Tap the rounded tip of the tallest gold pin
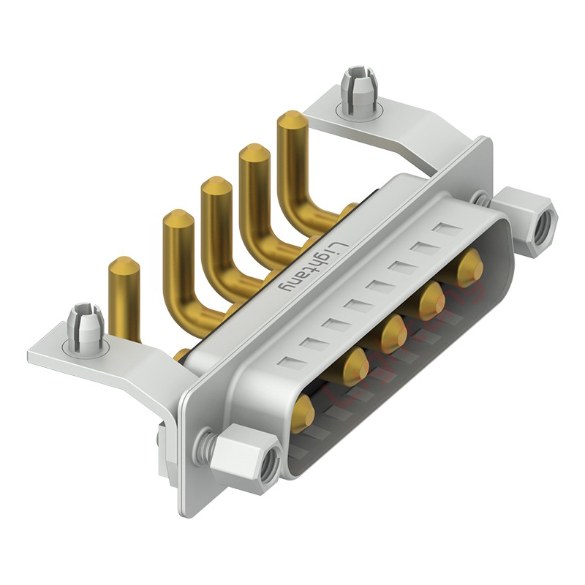[x=292, y=119]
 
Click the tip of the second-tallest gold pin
[x=254, y=152]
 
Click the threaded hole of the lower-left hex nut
[x=270, y=463]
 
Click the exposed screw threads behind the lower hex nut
[x=209, y=442]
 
